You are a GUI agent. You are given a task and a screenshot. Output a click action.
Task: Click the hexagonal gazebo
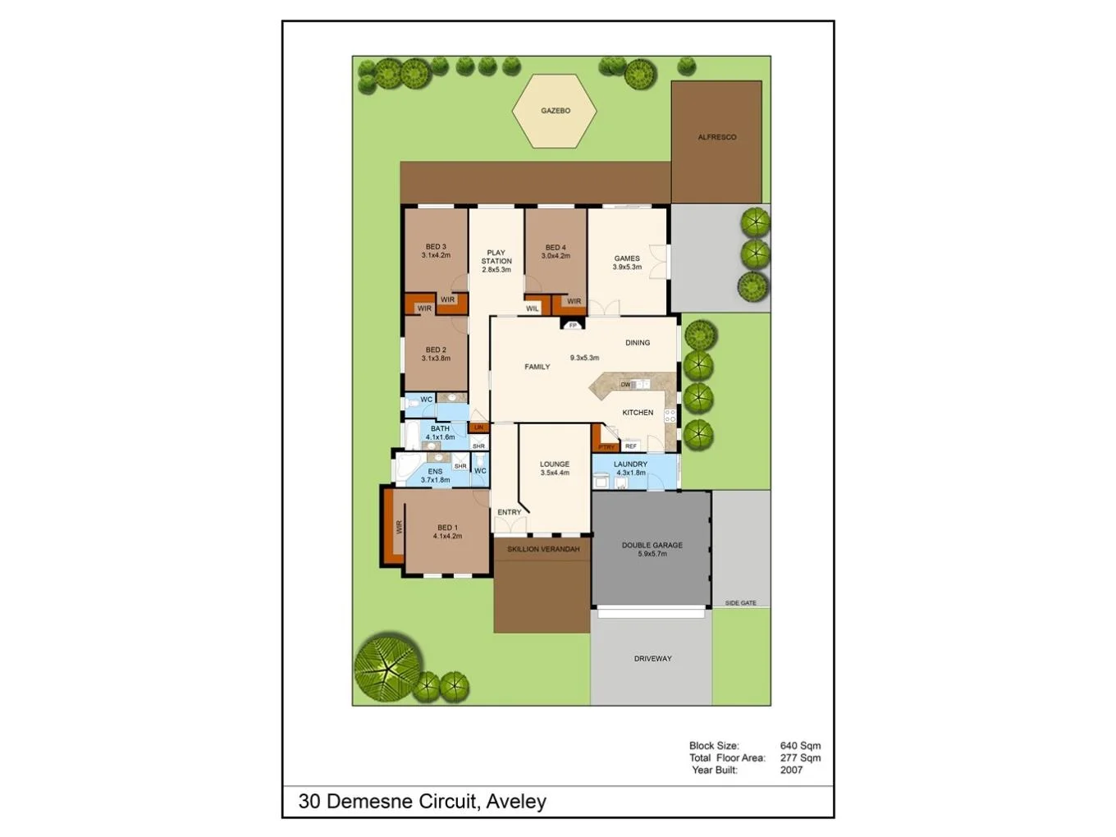coord(555,111)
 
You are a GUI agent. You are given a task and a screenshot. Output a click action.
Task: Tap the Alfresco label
coord(716,137)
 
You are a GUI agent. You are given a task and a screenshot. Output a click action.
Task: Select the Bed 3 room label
coord(436,247)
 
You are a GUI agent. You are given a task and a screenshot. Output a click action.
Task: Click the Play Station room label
coord(496,257)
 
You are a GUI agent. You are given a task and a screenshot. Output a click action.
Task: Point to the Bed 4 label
coord(556,248)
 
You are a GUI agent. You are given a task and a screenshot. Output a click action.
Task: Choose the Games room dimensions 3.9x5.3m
coord(627,268)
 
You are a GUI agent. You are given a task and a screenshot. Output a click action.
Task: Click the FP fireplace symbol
coord(573,326)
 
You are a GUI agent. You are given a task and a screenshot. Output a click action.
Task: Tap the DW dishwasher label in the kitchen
coord(625,385)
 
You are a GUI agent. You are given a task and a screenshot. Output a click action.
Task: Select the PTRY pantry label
coord(606,447)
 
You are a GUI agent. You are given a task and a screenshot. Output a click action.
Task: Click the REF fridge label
coord(630,446)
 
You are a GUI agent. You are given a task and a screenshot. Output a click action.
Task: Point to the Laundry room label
coord(630,464)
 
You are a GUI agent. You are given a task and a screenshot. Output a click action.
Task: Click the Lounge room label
coord(555,464)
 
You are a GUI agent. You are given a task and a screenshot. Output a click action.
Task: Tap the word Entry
coord(509,512)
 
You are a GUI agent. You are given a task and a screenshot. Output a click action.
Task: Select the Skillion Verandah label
coord(543,549)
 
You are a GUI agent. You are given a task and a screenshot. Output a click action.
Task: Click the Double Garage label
coord(652,545)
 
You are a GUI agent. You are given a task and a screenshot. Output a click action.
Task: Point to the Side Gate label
coord(740,603)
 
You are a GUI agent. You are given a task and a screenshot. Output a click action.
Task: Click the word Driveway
coord(652,658)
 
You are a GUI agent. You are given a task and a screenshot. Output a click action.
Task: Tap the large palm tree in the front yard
coord(388,665)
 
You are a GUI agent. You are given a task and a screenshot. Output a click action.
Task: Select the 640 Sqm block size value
coord(799,746)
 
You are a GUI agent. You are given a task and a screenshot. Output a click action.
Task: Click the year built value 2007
coord(791,770)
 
